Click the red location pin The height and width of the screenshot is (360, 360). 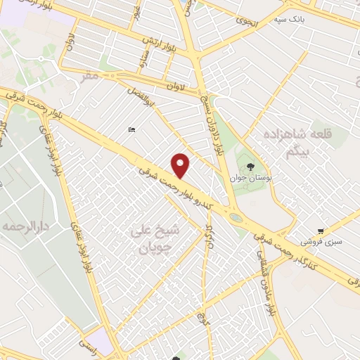point(181,165)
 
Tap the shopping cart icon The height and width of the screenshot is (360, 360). point(321,231)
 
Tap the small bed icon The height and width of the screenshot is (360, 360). point(131,129)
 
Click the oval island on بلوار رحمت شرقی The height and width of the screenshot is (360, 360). point(236,218)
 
